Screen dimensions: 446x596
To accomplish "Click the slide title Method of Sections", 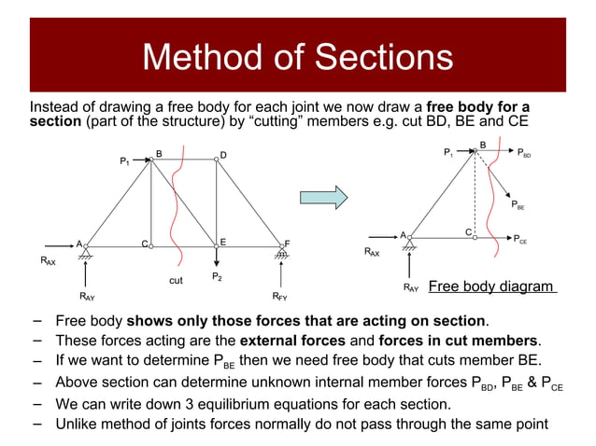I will click(297, 58).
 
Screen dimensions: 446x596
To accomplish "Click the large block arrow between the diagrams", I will click(323, 198).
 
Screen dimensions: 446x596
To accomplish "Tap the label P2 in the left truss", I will click(216, 277).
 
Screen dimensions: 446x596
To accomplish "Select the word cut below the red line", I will click(176, 279).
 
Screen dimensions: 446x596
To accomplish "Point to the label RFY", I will click(279, 297).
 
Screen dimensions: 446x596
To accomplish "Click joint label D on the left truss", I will click(223, 155).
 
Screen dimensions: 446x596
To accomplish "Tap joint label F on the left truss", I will click(287, 244).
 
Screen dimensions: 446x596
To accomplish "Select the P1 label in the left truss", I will click(124, 162).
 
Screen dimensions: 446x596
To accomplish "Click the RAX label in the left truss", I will click(48, 263).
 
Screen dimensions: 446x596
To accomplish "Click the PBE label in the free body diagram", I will click(518, 207).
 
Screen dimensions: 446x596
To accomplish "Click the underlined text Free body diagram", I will click(491, 286).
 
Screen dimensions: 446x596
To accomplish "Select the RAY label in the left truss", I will click(86, 297).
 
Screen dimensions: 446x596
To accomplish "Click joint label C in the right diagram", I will click(468, 230).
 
